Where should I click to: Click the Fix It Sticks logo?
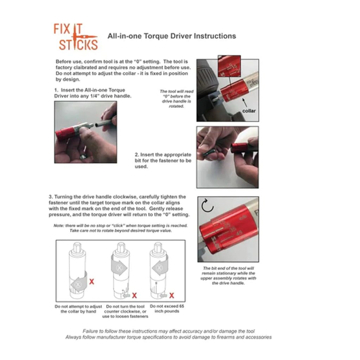pyautogui.click(x=76, y=37)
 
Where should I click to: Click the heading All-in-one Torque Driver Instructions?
pyautogui.click(x=172, y=36)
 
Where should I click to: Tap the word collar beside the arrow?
pyautogui.click(x=249, y=111)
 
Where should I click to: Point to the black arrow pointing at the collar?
pyautogui.click(x=245, y=103)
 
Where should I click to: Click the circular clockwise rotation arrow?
pyautogui.click(x=207, y=206)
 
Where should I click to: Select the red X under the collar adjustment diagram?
pyautogui.click(x=91, y=281)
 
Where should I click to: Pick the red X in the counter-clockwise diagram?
pyautogui.click(x=134, y=295)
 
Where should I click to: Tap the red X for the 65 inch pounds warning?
pyautogui.click(x=172, y=295)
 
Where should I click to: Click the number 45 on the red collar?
pyautogui.click(x=239, y=233)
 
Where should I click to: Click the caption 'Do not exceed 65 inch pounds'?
pyautogui.click(x=167, y=309)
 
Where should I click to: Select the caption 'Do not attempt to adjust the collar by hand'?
pyautogui.click(x=78, y=309)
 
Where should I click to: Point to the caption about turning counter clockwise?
pyautogui.click(x=125, y=311)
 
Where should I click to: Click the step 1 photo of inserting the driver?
pyautogui.click(x=85, y=132)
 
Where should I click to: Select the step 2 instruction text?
pyautogui.click(x=163, y=161)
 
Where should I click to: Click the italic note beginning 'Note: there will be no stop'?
pyautogui.click(x=121, y=228)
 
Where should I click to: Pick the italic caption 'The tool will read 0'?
pyautogui.click(x=176, y=99)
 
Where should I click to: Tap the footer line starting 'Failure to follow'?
pyautogui.click(x=168, y=331)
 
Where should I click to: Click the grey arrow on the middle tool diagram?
pyautogui.click(x=119, y=268)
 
